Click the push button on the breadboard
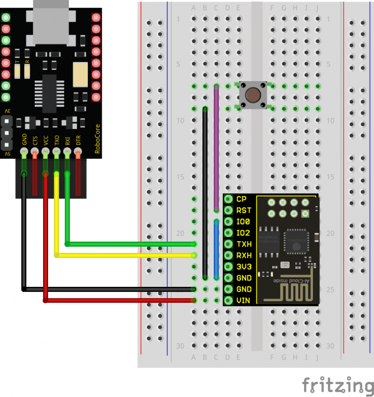coord(253,95)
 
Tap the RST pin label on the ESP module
coord(244,210)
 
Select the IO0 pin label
coord(244,221)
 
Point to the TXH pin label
coord(244,244)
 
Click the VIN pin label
coord(244,300)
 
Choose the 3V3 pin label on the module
coord(244,266)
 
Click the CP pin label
coord(242,199)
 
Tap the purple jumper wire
coord(216,149)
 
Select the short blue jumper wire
coord(216,248)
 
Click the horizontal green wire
coord(129,244)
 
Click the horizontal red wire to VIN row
coord(119,300)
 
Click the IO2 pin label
coord(244,233)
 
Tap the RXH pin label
coord(244,255)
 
